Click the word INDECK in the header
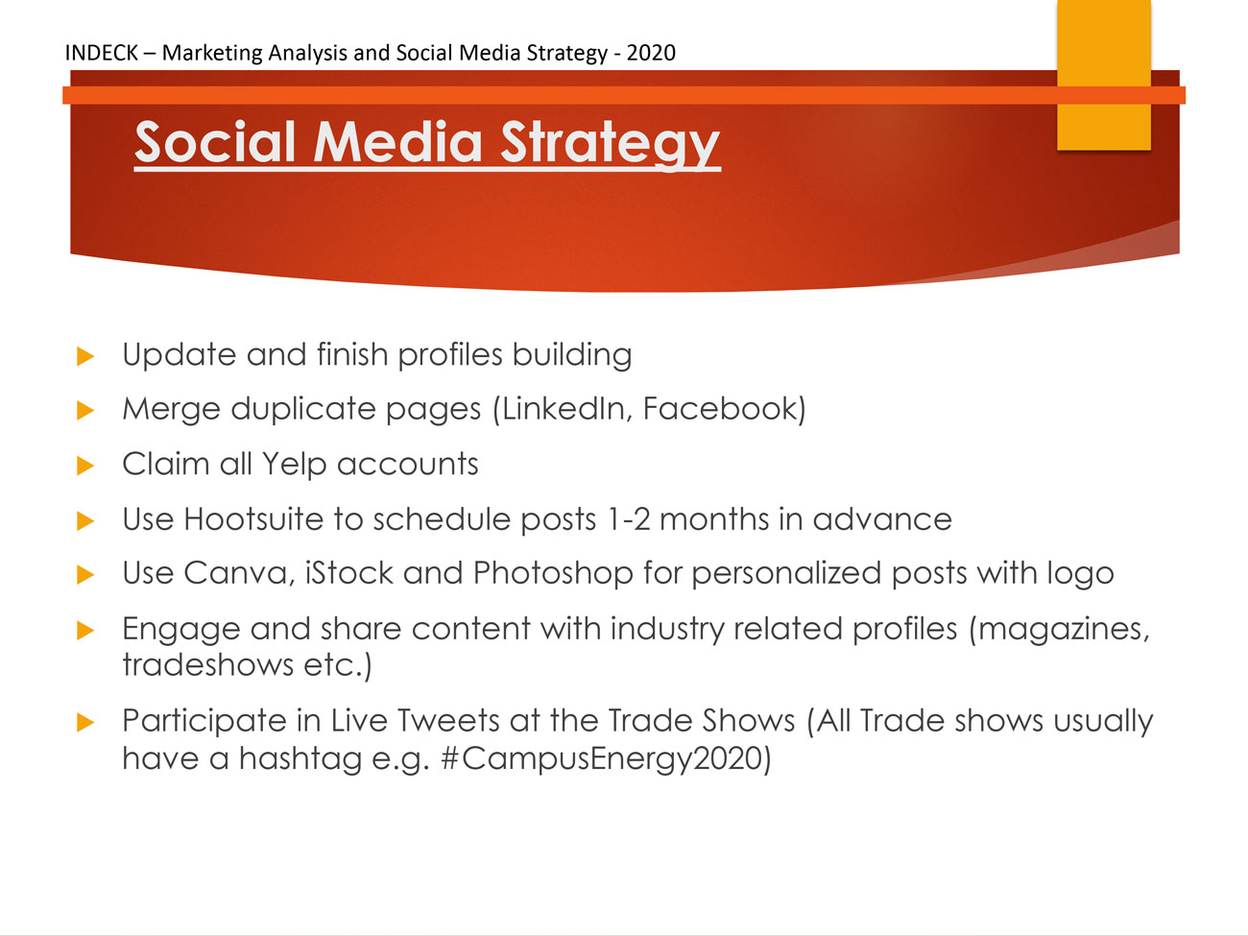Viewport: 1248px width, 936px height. [101, 53]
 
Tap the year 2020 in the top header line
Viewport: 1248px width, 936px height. [651, 53]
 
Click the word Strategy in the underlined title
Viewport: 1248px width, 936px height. [610, 143]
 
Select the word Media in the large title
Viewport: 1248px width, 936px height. [397, 141]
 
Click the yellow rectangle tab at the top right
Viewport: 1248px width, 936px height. [1104, 75]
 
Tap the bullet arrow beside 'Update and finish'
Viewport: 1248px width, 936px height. [85, 356]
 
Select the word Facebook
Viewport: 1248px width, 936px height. [719, 409]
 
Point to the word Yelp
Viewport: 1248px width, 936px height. [294, 465]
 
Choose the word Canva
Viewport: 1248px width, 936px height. [235, 573]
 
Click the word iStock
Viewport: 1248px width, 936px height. [349, 572]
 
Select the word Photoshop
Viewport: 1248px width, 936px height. [553, 572]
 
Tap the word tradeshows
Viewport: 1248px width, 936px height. [207, 665]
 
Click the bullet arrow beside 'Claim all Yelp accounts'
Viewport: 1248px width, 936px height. [85, 466]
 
